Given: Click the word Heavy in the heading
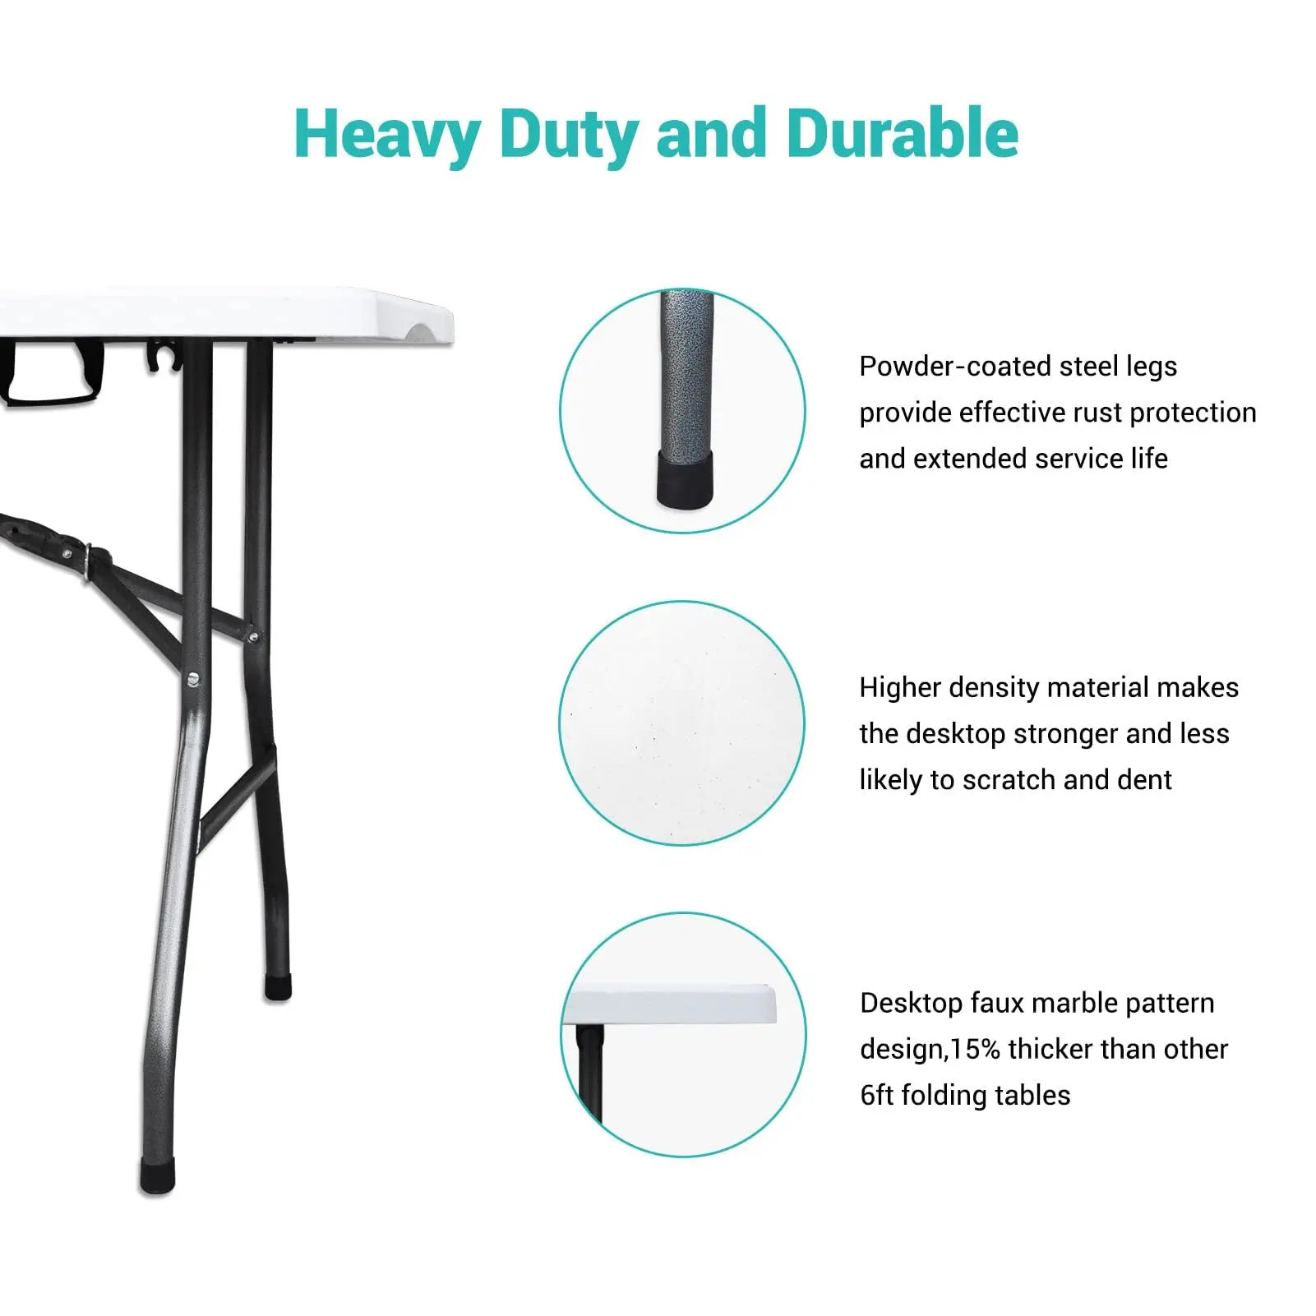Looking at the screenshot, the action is click(x=387, y=135).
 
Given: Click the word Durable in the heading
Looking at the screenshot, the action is click(x=903, y=133).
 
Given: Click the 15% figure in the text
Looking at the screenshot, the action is click(x=976, y=1049).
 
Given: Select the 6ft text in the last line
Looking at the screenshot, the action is click(x=876, y=1095).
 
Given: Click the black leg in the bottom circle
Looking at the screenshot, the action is click(x=589, y=1073).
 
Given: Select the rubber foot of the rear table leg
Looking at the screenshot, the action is click(x=278, y=986).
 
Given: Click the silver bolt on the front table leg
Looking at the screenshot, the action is click(x=193, y=679).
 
